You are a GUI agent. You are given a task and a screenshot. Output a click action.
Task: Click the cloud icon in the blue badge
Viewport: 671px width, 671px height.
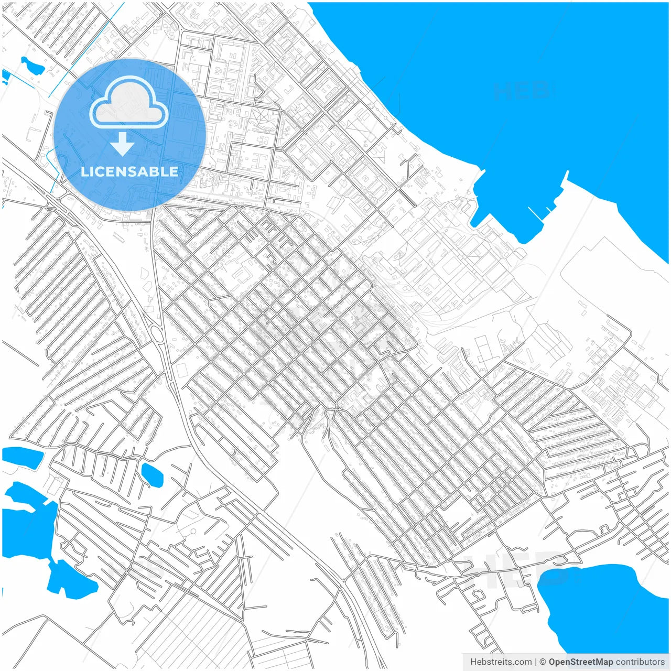129,103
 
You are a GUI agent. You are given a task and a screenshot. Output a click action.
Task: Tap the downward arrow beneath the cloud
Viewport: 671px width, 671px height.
123,144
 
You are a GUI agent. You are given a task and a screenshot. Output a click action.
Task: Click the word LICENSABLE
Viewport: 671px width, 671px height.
129,172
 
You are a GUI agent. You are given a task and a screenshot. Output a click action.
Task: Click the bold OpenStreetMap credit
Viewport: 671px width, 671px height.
580,662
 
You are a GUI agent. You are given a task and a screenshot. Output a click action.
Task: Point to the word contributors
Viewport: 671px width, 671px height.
640,662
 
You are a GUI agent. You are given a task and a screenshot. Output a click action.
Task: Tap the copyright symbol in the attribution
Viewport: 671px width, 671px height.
543,662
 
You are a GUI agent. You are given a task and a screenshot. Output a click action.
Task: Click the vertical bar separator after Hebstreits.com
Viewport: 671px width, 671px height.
536,662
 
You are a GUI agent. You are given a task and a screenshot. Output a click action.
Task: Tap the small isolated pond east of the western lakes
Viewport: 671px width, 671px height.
152,474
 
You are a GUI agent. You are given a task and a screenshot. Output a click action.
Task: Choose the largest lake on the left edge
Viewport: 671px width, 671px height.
26,524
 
